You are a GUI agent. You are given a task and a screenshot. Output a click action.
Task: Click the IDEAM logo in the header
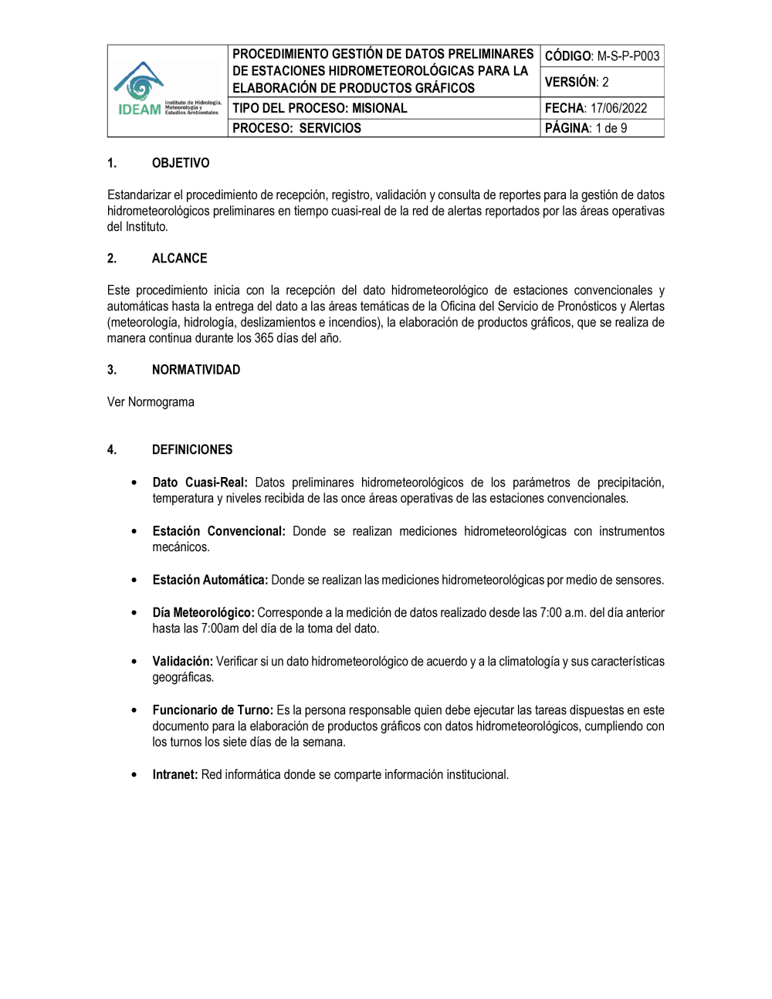(x=168, y=90)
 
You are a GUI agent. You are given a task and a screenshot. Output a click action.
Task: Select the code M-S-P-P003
(x=628, y=56)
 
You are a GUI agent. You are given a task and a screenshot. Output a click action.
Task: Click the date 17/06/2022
(x=618, y=108)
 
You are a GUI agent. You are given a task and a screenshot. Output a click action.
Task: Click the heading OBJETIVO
(x=181, y=163)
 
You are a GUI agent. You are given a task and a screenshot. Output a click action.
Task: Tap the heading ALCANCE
(x=179, y=259)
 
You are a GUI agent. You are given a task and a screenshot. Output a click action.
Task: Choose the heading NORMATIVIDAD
(x=196, y=370)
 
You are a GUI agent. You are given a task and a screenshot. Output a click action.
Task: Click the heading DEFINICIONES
(x=192, y=449)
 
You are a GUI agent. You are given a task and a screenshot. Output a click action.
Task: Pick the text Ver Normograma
(x=151, y=402)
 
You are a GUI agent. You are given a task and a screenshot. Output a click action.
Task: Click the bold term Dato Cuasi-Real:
(x=200, y=483)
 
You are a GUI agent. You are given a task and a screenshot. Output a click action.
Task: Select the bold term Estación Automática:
(x=210, y=580)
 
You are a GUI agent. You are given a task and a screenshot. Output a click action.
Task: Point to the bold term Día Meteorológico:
(x=203, y=612)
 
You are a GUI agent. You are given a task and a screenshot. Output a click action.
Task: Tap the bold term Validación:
(x=182, y=661)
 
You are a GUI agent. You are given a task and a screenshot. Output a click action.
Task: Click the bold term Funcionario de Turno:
(x=212, y=710)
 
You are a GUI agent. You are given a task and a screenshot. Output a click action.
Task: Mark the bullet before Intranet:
(x=134, y=774)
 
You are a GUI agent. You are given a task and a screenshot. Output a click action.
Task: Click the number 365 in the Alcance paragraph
(x=265, y=338)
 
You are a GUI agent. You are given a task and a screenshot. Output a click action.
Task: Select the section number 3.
(x=112, y=370)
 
